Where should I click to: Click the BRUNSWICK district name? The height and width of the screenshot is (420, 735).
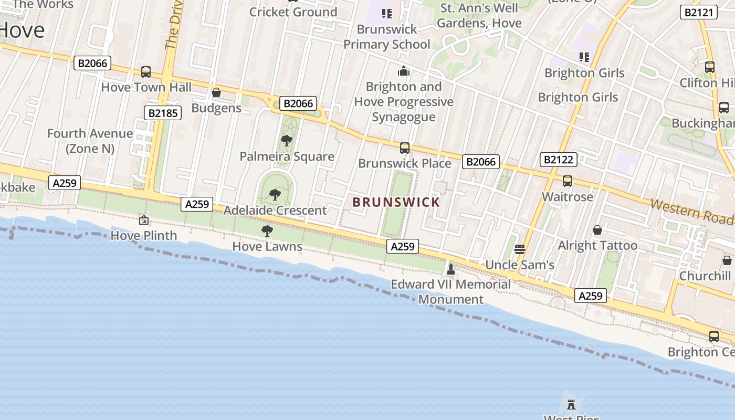[396, 202]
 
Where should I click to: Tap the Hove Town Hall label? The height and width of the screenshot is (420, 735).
[146, 87]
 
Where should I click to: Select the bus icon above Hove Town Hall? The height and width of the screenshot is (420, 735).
[146, 72]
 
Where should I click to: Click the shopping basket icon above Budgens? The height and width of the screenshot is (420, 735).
[216, 93]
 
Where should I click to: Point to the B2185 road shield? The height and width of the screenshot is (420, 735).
[162, 113]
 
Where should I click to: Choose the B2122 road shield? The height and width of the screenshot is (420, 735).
[559, 160]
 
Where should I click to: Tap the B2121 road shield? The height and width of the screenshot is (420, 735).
[698, 12]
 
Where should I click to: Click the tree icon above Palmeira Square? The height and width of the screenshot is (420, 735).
[287, 141]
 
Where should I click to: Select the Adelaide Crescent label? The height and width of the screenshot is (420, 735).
[275, 211]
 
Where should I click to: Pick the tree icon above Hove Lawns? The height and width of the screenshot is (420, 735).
[267, 230]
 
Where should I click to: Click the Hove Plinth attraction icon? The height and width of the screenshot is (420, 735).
[143, 220]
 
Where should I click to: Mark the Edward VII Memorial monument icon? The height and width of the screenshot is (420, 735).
[450, 269]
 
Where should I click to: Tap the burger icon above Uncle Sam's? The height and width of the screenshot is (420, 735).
[520, 249]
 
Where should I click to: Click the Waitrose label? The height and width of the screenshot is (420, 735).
[567, 197]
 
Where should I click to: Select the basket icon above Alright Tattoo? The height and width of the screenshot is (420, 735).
[597, 230]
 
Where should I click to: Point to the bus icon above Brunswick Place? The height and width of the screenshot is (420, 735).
[404, 148]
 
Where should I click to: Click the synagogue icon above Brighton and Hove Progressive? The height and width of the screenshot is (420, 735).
[403, 71]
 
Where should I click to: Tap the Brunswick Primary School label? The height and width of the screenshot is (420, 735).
[387, 37]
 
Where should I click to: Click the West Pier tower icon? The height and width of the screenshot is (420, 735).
[571, 404]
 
